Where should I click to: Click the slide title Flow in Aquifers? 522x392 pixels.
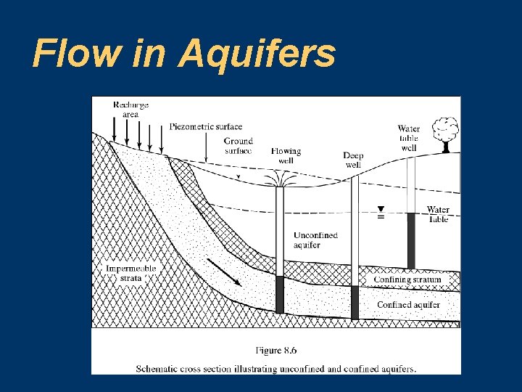tap(183, 53)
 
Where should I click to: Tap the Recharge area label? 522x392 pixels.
tap(130, 110)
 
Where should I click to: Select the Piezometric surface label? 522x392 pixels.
tap(206, 127)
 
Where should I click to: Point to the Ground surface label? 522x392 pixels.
tap(239, 145)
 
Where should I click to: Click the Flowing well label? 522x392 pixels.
tap(286, 155)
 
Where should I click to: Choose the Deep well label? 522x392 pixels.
tap(353, 160)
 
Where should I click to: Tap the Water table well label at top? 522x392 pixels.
tap(408, 138)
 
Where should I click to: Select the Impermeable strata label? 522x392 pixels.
tap(130, 272)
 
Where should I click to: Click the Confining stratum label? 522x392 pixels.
tap(407, 279)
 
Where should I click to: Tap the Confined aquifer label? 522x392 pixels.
tap(408, 305)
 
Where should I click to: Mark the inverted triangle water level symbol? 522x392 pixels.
tap(380, 209)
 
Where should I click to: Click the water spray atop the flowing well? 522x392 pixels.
tap(280, 179)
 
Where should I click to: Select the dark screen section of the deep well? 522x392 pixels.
tap(355, 302)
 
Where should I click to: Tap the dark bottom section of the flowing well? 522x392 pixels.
tap(280, 294)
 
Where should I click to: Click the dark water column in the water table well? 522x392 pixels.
tap(411, 240)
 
